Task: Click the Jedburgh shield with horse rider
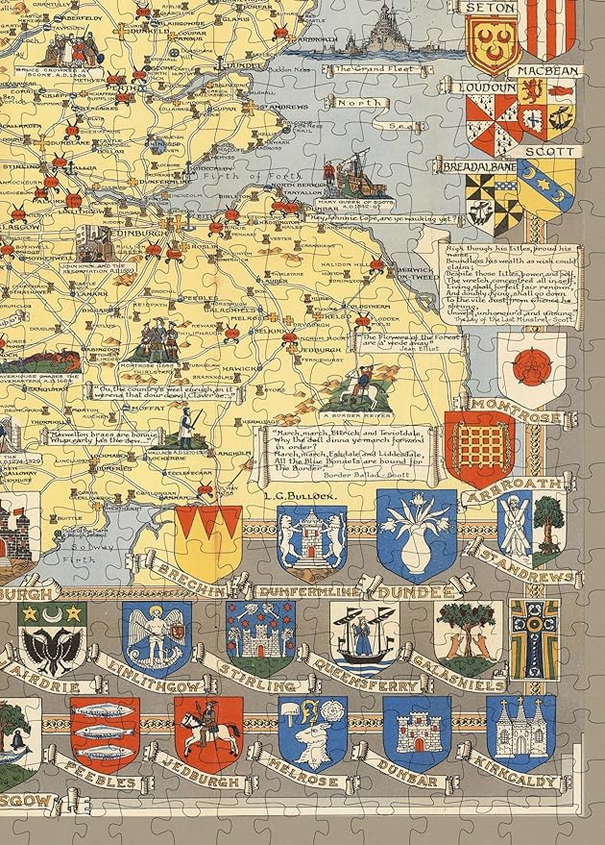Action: coord(207,733)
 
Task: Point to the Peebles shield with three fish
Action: coord(105,733)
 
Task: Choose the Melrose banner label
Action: coord(315,785)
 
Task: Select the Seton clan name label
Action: coord(491,8)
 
